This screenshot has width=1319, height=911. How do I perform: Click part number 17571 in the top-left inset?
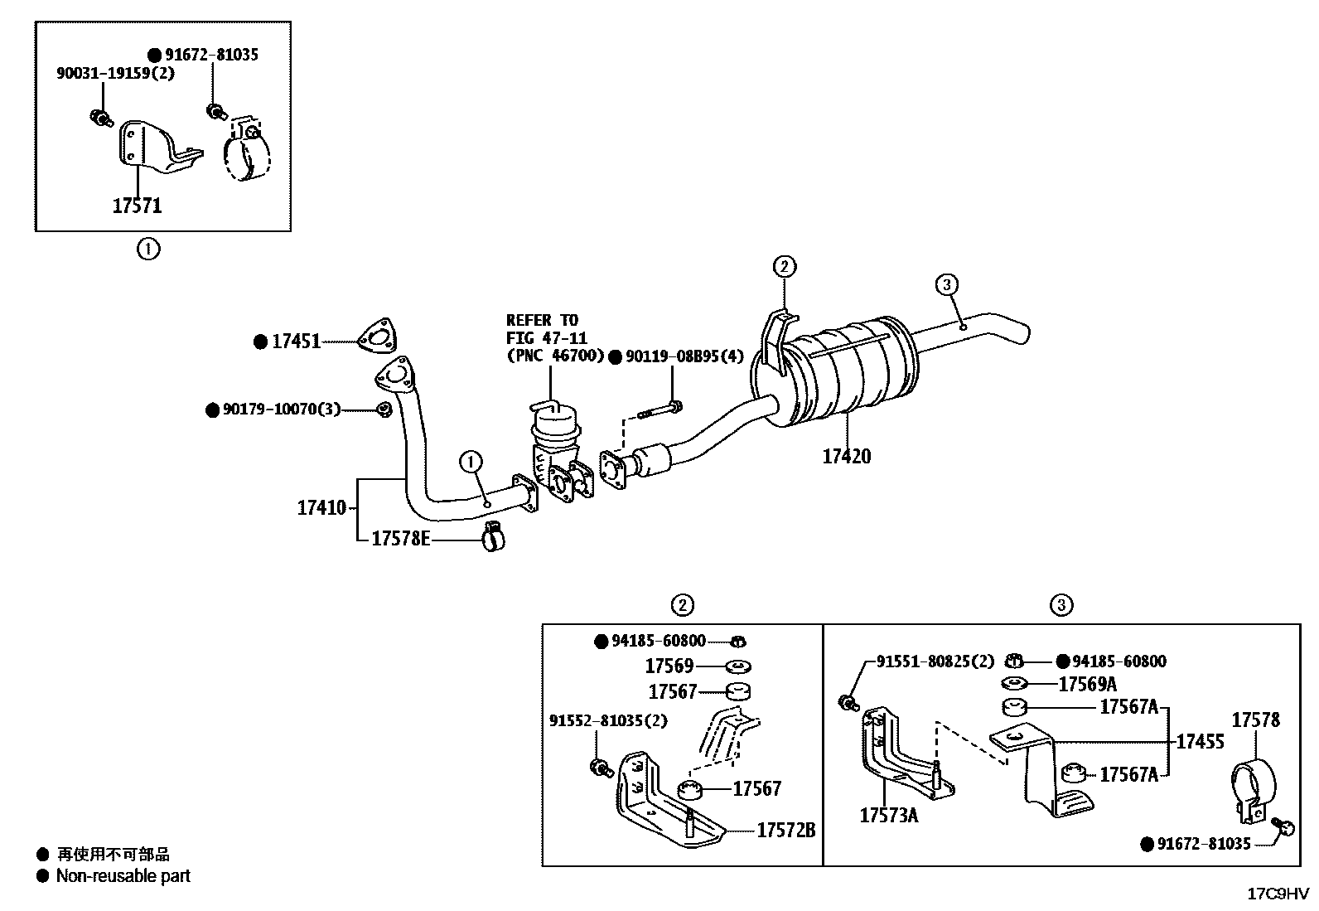[137, 206]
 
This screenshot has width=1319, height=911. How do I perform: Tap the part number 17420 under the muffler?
[846, 456]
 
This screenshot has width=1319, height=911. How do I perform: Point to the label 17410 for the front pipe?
[321, 507]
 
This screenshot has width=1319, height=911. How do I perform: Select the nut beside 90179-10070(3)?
[384, 409]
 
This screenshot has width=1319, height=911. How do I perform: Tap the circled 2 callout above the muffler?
[784, 267]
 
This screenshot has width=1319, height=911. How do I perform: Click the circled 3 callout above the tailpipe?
[946, 285]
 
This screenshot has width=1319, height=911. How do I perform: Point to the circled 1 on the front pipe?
[470, 461]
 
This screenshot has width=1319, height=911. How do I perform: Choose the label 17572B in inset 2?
[785, 830]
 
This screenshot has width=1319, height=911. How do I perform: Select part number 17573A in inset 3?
[888, 815]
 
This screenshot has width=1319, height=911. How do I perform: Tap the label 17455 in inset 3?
[1200, 741]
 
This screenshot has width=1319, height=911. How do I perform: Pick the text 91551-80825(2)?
[935, 661]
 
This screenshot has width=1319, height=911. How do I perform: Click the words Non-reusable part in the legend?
[123, 876]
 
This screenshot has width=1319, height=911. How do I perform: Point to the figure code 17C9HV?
[1278, 894]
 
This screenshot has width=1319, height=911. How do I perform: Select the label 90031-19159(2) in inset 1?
[115, 73]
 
